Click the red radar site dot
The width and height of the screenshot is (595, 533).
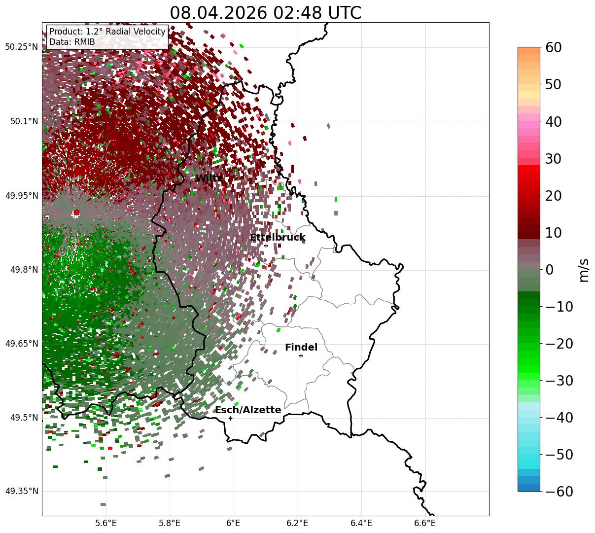point(76,212)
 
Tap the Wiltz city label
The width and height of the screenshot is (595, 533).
point(209,178)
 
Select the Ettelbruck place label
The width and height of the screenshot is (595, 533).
point(278,237)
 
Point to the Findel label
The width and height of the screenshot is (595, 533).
point(301,347)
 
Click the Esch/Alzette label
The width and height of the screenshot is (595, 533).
point(248,410)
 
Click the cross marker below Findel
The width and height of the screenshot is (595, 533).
point(301,356)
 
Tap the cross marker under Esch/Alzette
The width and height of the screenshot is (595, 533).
point(230,418)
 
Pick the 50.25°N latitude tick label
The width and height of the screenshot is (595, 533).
point(22,47)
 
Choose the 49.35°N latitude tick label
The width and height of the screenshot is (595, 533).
point(22,491)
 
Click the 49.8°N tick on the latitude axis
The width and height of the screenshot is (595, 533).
point(24,270)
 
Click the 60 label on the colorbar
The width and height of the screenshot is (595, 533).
point(553,47)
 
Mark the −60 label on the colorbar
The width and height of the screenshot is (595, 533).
point(559,491)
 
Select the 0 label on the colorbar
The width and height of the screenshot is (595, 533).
point(549,269)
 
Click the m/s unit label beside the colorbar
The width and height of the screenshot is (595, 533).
point(584,270)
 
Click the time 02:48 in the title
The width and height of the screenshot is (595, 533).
point(297,13)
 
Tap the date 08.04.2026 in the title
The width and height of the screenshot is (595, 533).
point(218,13)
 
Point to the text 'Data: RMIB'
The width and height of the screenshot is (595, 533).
point(72,42)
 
